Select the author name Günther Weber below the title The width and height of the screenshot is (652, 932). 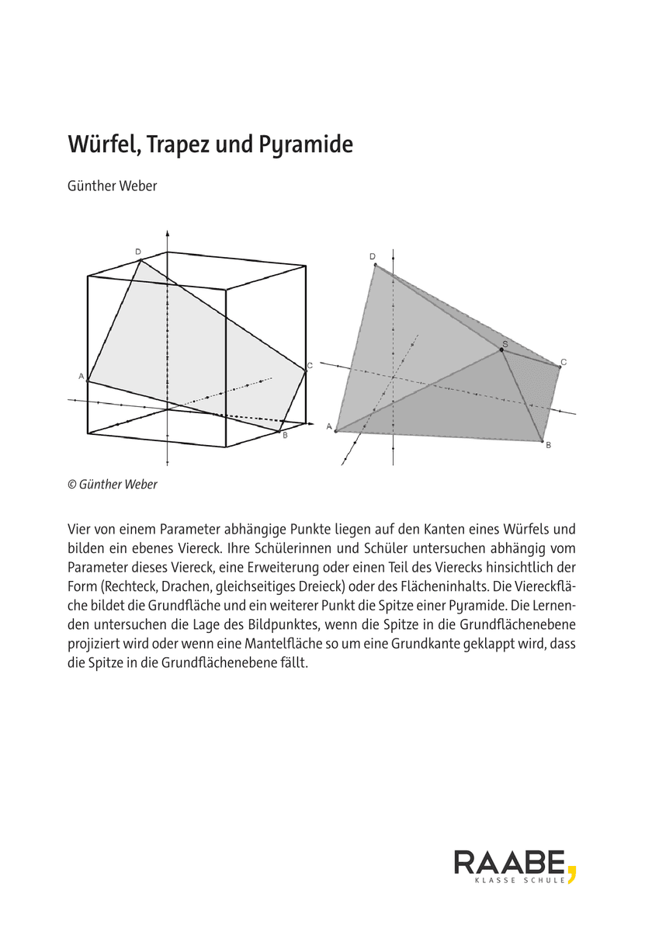click(113, 186)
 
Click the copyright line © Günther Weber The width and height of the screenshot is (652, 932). click(113, 484)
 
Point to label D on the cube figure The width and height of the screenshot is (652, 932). click(137, 252)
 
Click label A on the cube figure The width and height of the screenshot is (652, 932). click(81, 376)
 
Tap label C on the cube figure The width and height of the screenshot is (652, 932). click(310, 366)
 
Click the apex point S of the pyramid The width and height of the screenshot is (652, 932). click(501, 350)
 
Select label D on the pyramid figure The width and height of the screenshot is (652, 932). click(373, 256)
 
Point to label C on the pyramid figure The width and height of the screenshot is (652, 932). click(564, 361)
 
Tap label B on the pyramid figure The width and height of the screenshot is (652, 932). click(548, 445)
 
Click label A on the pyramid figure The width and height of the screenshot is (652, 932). click(329, 426)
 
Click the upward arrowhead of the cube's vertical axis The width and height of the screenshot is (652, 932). click(167, 233)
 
